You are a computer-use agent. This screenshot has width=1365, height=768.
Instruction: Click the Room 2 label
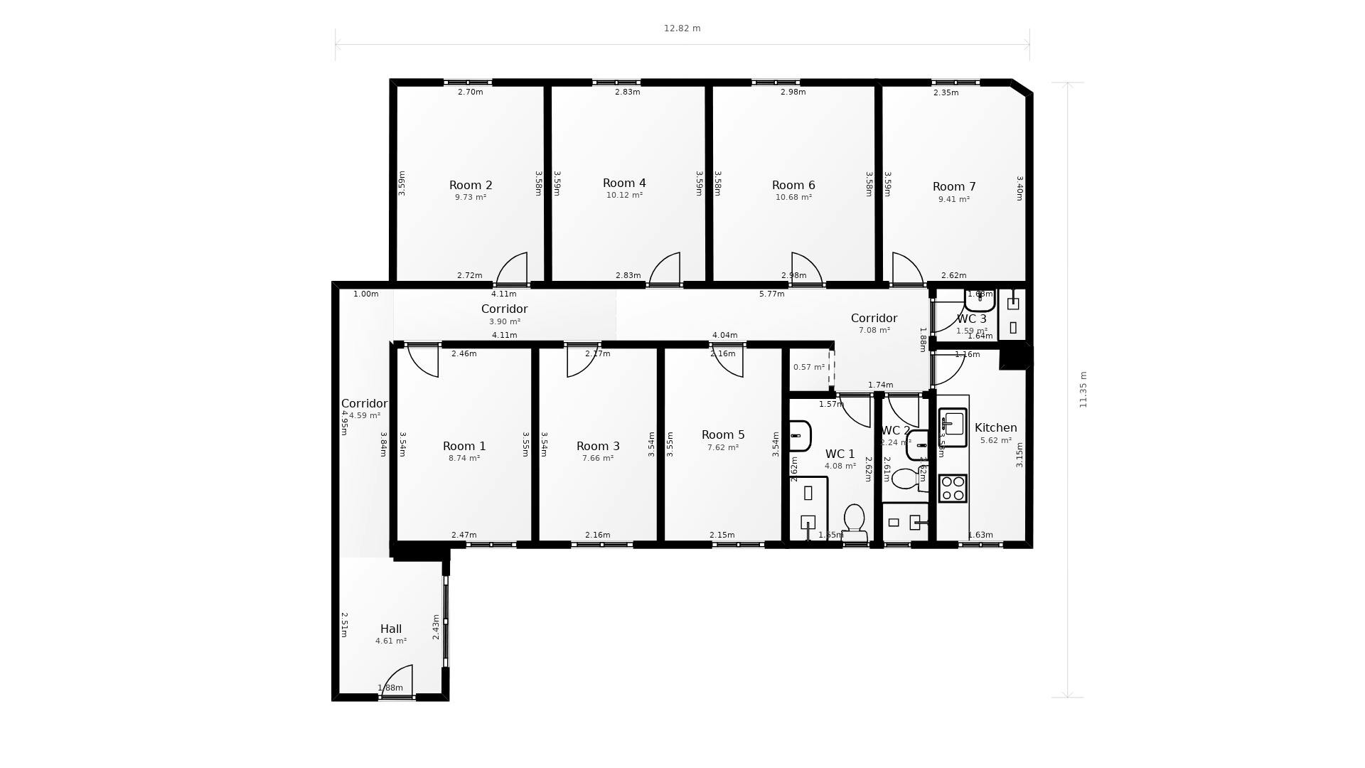470,185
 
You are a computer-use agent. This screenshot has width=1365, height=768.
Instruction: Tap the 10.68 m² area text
793,198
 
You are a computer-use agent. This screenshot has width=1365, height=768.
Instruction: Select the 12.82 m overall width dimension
682,28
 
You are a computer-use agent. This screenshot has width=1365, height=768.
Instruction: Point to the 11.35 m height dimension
1083,390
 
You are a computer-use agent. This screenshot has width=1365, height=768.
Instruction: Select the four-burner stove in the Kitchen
953,489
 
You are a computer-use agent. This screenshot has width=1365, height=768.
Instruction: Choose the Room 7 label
953,187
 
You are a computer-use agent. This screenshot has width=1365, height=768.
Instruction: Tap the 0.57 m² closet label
808,368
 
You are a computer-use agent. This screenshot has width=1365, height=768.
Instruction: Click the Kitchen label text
995,428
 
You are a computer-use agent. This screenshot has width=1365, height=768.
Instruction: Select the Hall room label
390,629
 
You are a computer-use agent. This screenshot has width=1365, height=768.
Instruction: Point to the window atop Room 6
775,82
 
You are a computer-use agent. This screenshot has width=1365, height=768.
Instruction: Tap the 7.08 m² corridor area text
874,331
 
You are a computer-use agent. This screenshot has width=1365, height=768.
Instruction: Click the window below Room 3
601,545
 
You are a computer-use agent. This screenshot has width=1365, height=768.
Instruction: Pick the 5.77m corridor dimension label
771,294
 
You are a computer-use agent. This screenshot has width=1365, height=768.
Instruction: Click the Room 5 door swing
729,361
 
